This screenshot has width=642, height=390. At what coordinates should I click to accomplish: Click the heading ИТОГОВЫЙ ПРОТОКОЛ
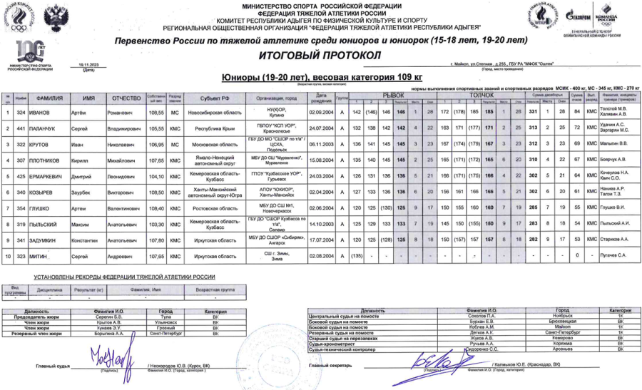(322, 54)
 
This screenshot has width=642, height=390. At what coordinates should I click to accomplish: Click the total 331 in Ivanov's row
(532, 113)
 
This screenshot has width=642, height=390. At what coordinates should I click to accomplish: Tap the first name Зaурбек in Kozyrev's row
(91, 192)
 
